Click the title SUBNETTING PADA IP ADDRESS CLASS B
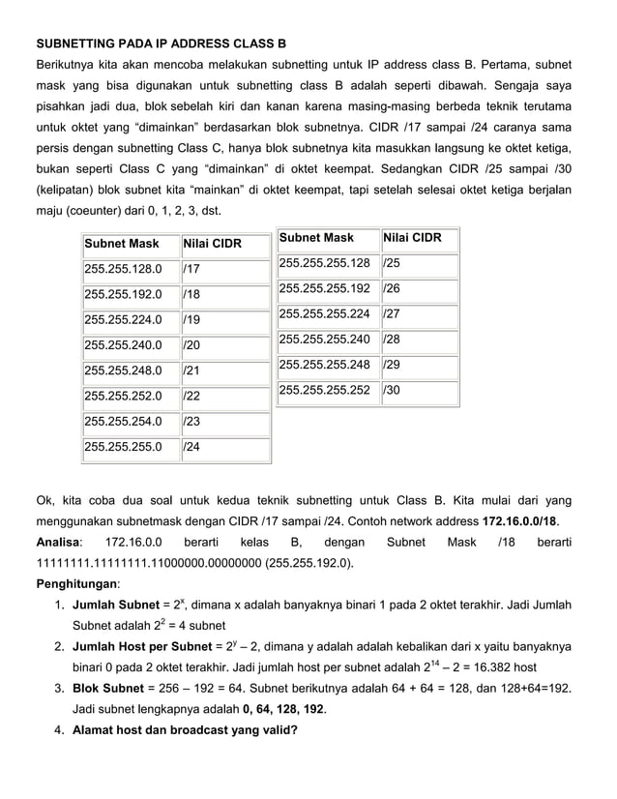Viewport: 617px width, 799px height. [x=161, y=44]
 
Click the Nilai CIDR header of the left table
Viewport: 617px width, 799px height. [x=211, y=243]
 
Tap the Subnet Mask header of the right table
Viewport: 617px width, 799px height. [x=316, y=238]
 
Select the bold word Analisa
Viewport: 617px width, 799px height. [x=58, y=543]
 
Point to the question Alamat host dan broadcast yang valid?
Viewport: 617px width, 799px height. [x=185, y=730]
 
